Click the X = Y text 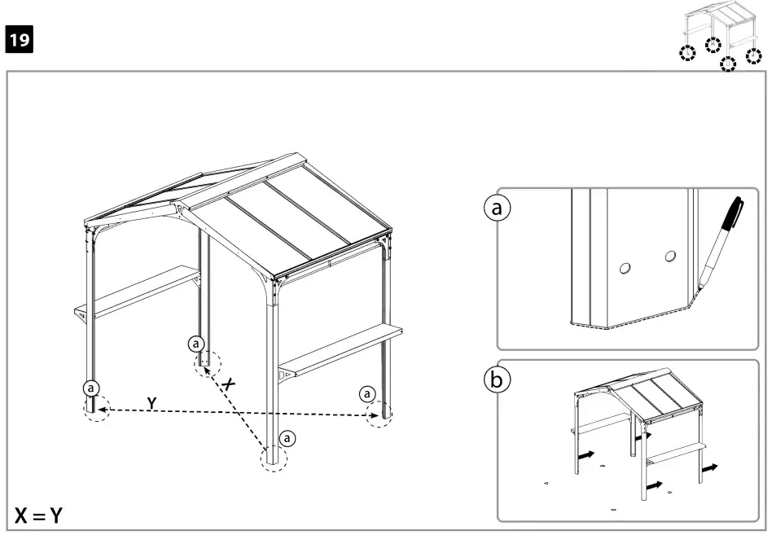[x=40, y=515]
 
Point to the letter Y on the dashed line [x=151, y=402]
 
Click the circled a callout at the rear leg [x=195, y=342]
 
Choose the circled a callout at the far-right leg [x=368, y=394]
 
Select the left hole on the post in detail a [x=625, y=267]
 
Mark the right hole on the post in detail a [x=669, y=257]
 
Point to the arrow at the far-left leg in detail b [x=585, y=455]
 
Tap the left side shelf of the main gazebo [x=138, y=291]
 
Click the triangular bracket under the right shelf [x=286, y=375]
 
